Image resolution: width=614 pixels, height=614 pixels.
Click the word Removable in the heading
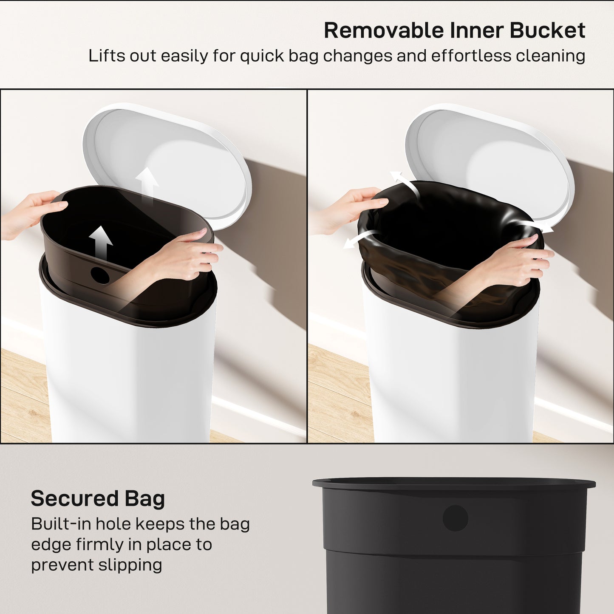point(384,31)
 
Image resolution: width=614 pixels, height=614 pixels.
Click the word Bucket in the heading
point(547,31)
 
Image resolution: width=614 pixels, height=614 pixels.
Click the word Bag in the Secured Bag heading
point(144,499)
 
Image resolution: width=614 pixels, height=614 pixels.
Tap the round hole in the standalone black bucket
point(455,518)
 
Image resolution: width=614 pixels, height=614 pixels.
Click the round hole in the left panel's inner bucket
point(100,275)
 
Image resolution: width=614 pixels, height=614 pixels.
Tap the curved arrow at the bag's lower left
point(359,239)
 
